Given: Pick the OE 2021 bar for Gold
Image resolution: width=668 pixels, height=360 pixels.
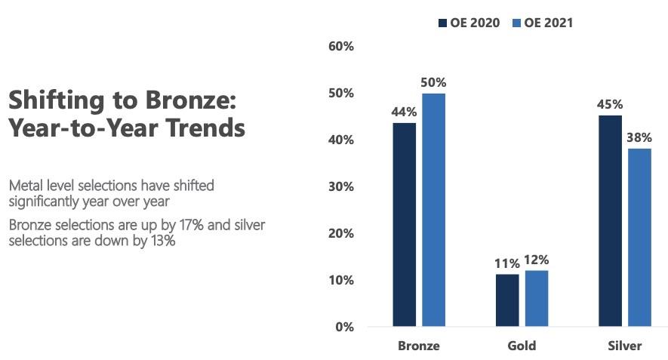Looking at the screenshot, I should pyautogui.click(x=536, y=298).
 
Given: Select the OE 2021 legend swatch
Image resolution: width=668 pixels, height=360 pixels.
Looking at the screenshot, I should pyautogui.click(x=516, y=23).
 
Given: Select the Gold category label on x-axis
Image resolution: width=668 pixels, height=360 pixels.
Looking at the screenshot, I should pyautogui.click(x=522, y=346).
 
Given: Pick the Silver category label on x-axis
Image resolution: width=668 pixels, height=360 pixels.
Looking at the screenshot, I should pyautogui.click(x=624, y=346).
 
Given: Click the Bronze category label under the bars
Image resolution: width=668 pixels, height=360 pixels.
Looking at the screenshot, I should pyautogui.click(x=419, y=346).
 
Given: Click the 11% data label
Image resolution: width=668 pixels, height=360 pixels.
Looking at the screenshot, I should pyautogui.click(x=507, y=263).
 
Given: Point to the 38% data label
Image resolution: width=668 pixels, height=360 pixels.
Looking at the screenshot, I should pyautogui.click(x=639, y=137).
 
